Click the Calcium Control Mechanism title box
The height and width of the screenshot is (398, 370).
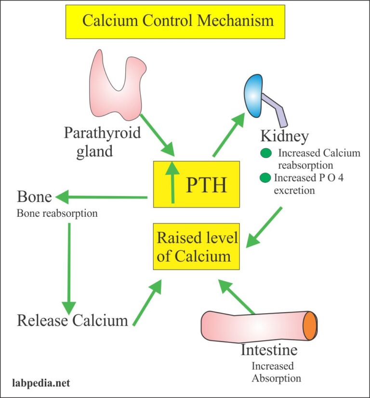[178, 21]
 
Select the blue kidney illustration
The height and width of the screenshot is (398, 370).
[255, 93]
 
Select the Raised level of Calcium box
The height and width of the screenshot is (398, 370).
[197, 246]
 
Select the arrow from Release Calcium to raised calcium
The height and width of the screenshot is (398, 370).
[147, 304]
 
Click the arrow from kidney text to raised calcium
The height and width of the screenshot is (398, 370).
[265, 226]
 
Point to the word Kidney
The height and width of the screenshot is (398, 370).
[284, 136]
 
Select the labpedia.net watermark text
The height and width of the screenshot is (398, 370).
[41, 383]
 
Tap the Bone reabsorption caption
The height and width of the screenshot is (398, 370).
[57, 213]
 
